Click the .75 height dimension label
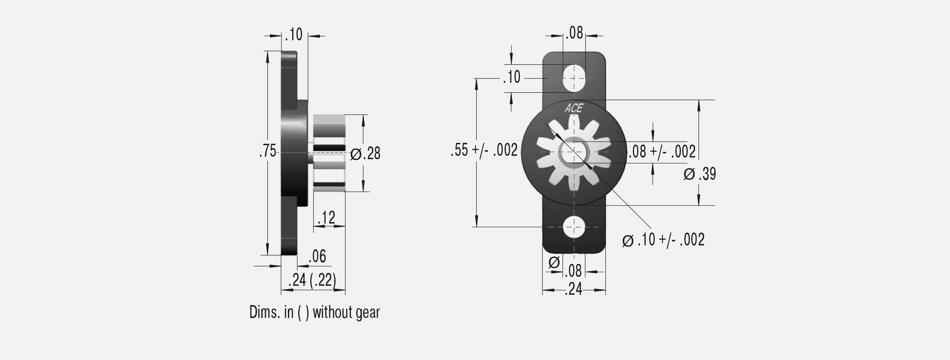coord(268,152)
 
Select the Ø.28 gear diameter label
coord(366,154)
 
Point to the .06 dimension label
coord(318,257)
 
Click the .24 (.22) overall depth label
coord(312,280)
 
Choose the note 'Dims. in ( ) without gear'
coord(315,312)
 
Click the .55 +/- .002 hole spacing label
coord(484,151)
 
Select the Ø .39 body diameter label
coord(700,174)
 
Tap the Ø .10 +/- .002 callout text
coord(663,240)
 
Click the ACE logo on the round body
coord(574,108)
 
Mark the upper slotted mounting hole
coord(574,78)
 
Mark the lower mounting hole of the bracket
coord(574,226)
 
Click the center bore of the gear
coord(574,152)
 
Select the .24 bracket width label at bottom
coord(574,290)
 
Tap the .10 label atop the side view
coord(294,34)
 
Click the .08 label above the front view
coord(574,33)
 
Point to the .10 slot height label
coord(511,78)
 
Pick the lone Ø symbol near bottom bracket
coord(554,262)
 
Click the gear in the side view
coord(329,153)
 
